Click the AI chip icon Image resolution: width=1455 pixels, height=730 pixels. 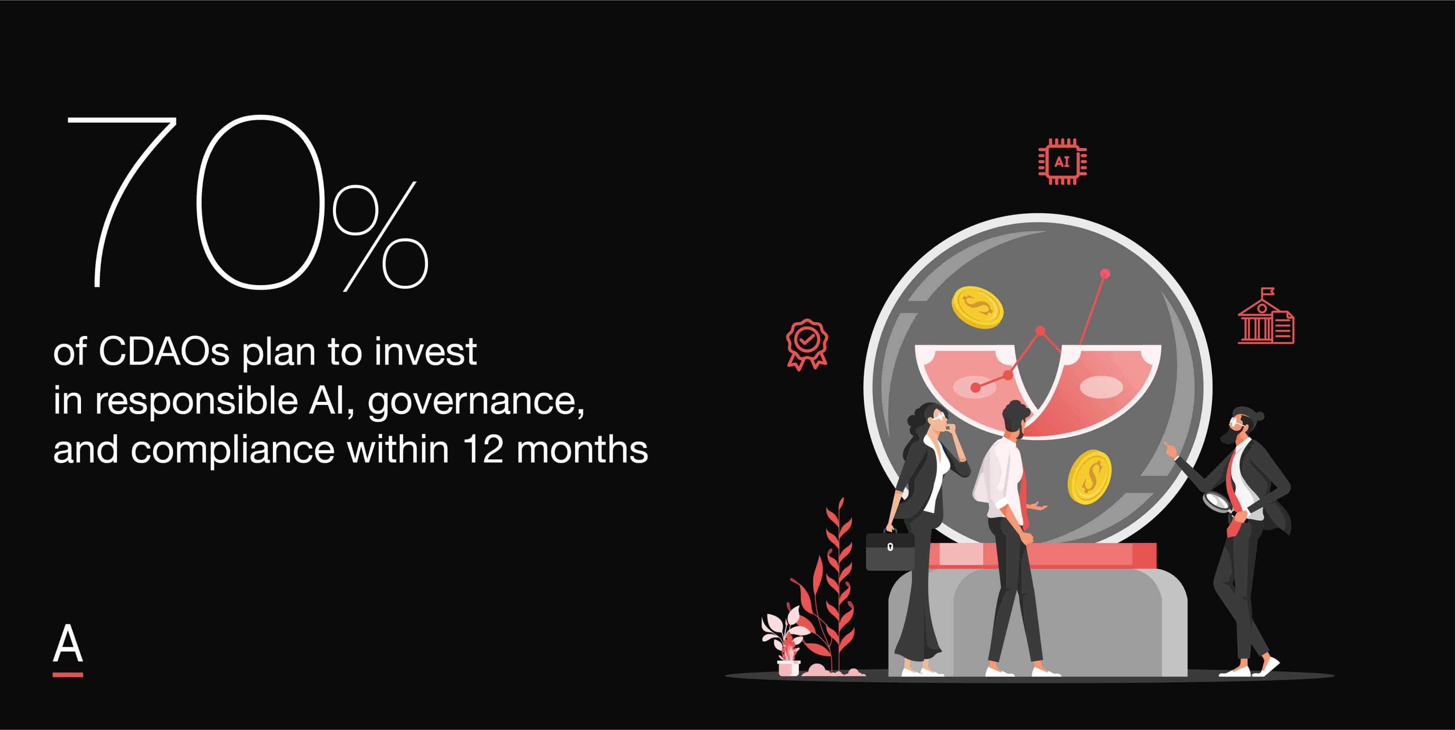[x=1062, y=162]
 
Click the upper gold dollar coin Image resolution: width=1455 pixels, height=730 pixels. [x=977, y=307]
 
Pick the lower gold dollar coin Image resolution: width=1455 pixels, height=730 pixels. [x=1089, y=477]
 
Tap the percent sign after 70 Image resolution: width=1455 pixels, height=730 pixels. [x=380, y=236]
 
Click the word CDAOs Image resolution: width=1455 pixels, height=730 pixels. [x=164, y=352]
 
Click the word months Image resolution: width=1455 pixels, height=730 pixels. [x=582, y=450]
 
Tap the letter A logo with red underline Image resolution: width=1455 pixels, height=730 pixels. [x=68, y=649]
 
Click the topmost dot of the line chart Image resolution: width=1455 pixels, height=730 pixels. [x=1105, y=274]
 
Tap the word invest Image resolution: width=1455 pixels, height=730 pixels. [x=425, y=352]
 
